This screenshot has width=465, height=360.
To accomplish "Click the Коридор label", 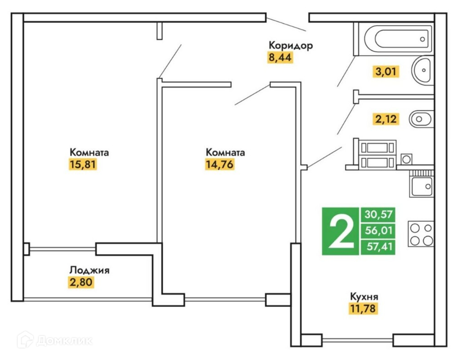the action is [x=291, y=45].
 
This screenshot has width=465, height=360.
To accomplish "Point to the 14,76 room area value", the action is [x=219, y=164].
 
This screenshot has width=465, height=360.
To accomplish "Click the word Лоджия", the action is [x=89, y=271].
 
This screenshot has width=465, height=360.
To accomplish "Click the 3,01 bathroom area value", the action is [x=386, y=72].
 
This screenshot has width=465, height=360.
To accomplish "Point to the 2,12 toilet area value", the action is [x=386, y=119].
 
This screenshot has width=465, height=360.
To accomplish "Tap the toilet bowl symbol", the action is [x=421, y=119].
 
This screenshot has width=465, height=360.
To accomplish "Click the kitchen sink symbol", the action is [x=422, y=186].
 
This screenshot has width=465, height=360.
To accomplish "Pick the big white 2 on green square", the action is [x=340, y=231].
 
